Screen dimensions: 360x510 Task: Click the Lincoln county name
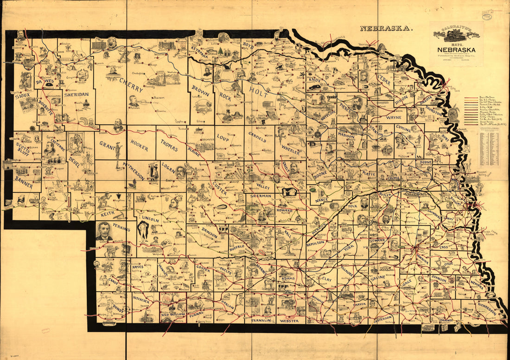150,219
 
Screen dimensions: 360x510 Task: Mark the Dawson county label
209,234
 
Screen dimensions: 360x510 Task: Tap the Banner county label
24,182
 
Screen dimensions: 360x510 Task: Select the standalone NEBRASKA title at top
385,28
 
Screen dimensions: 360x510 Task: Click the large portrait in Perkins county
104,231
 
